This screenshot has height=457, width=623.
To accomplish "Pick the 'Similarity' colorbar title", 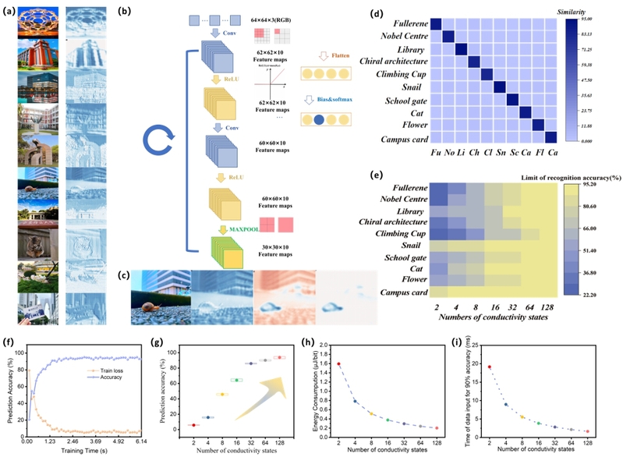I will point(591,13).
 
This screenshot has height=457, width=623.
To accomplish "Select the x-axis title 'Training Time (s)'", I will point(89,451).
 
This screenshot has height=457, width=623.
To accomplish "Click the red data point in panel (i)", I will point(490,367).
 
